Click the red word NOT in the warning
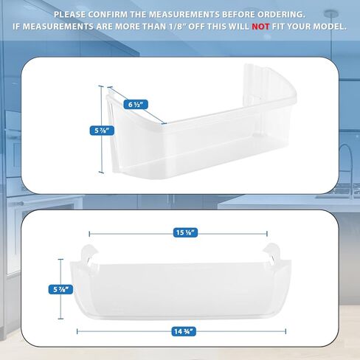click(260, 27)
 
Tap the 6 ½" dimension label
click(136, 105)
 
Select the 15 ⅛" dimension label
click(185, 232)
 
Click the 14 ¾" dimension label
click(184, 332)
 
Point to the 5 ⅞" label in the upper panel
click(102, 131)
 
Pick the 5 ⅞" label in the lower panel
click(60, 290)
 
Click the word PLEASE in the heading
click(69, 15)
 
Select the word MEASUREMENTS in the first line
click(184, 15)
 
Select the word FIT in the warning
click(278, 27)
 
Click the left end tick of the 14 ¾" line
click(77, 332)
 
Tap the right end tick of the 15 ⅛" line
click(267, 234)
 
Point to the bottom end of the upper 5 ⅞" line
click(101, 173)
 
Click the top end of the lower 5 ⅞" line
click(60, 260)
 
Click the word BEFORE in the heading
click(238, 15)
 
